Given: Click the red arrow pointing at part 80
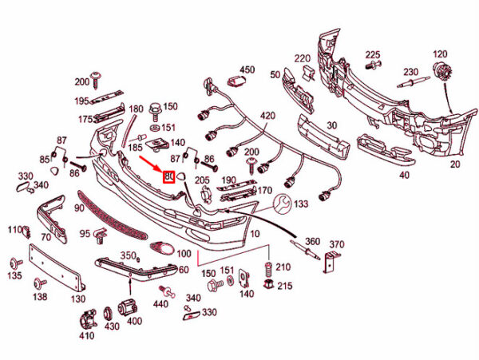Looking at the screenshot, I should tap(152, 165).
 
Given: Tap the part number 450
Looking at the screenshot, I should tap(247, 70).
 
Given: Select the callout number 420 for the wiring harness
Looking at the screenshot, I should tap(267, 116).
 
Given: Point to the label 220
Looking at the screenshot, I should tap(302, 58).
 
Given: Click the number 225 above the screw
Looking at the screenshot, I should tap(373, 54).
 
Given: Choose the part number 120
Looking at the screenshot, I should tap(440, 53).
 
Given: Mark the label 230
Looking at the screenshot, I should tap(411, 72).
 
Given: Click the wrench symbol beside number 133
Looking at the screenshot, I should tap(282, 206).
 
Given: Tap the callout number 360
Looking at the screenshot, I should tap(312, 241).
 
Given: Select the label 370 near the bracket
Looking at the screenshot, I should tap(336, 244).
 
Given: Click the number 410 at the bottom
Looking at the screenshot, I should tap(86, 336).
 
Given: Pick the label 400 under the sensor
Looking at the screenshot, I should tap(133, 321).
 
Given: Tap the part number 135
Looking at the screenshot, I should tap(14, 276).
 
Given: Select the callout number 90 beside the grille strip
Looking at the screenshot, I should tap(79, 208).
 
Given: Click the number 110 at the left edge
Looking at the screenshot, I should tap(14, 230).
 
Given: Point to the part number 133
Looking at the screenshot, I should tap(300, 204).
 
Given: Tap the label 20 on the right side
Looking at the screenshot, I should tap(455, 165).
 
